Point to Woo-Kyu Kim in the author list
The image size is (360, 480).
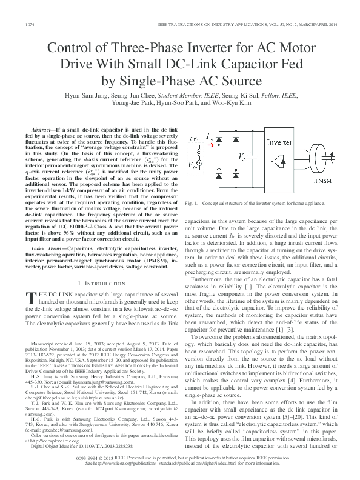click(231, 103)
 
